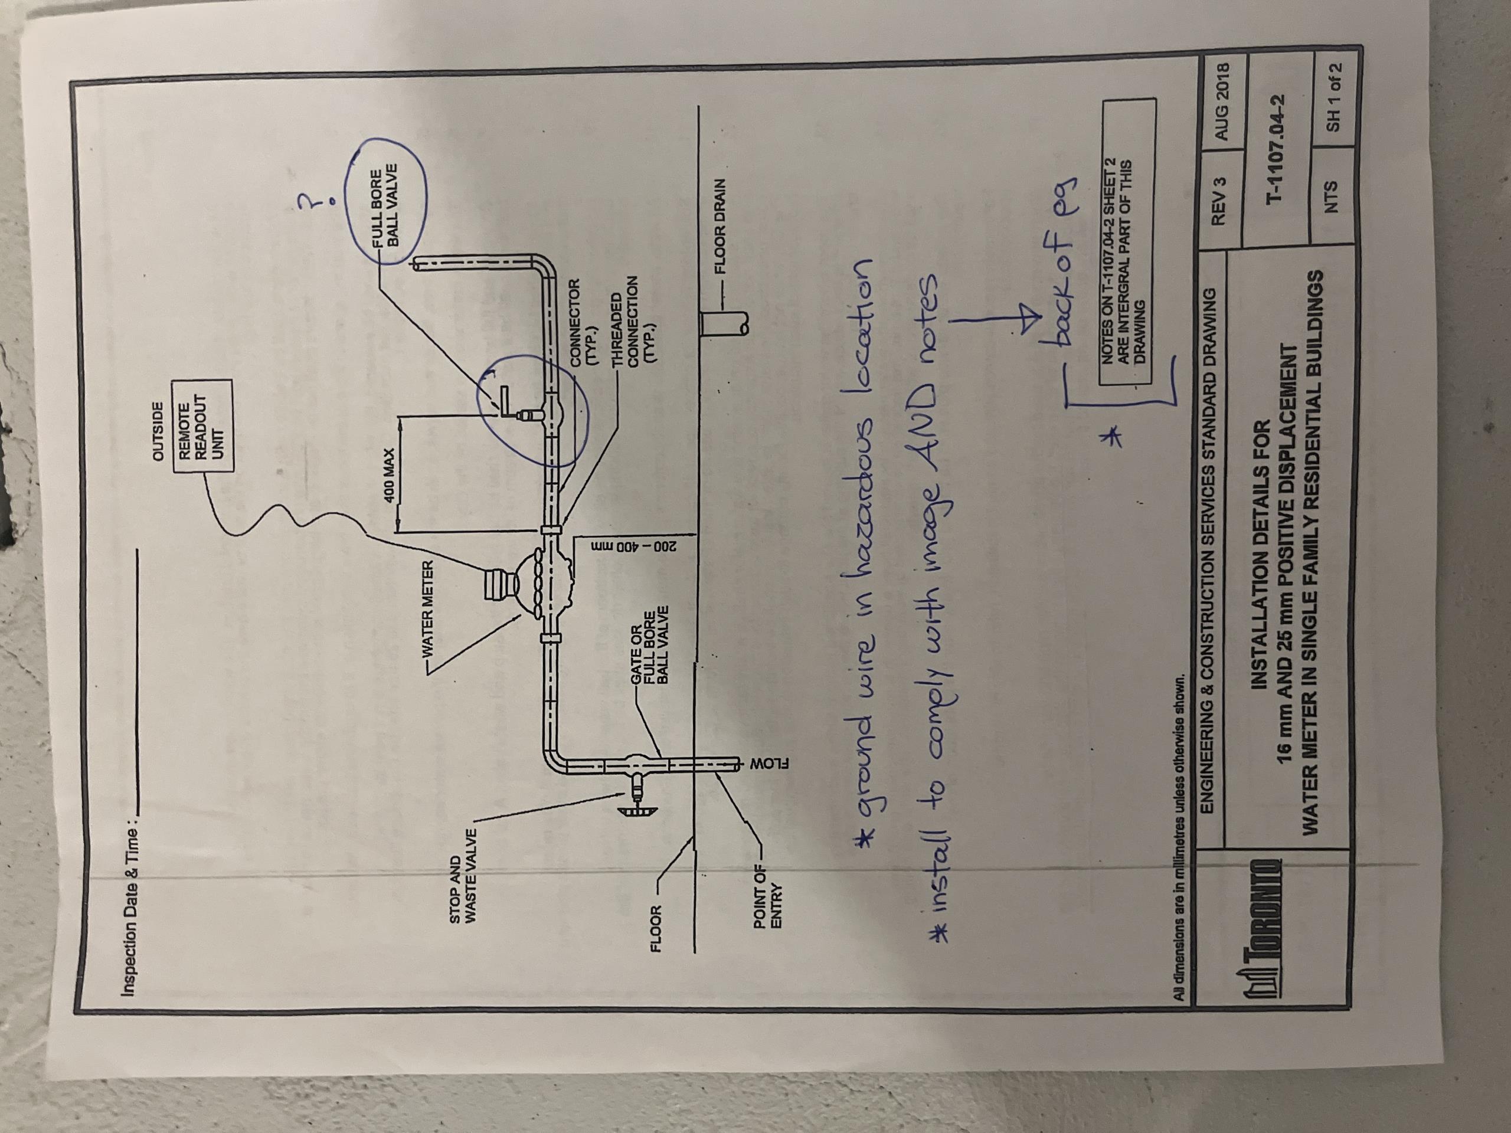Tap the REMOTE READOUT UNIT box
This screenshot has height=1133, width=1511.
pos(204,426)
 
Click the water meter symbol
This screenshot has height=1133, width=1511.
pos(519,585)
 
